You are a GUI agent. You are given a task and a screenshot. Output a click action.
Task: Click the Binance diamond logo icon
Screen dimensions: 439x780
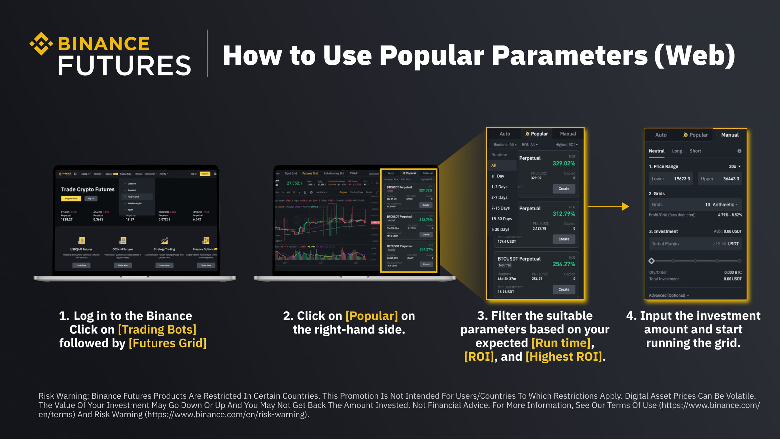pyautogui.click(x=41, y=44)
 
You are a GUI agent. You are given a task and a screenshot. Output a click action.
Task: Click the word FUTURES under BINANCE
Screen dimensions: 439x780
pyautogui.click(x=124, y=66)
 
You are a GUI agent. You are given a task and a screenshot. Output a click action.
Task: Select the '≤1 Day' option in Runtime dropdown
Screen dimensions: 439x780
pyautogui.click(x=498, y=176)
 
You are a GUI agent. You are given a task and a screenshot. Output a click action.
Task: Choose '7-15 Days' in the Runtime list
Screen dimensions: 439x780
pyautogui.click(x=500, y=208)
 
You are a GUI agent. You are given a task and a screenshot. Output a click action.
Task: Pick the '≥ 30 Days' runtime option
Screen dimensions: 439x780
pyautogui.click(x=500, y=229)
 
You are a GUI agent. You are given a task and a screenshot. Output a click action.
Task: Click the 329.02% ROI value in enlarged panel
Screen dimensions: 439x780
pyautogui.click(x=564, y=163)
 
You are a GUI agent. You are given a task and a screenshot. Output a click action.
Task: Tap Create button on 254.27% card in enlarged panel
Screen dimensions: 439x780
pyautogui.click(x=564, y=289)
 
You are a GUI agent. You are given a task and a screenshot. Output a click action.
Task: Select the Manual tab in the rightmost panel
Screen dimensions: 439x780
pyautogui.click(x=730, y=135)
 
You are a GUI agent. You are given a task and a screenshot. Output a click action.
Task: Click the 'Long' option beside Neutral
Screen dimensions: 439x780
pyautogui.click(x=677, y=151)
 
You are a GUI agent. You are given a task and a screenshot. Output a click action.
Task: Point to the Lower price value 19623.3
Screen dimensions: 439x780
pyautogui.click(x=682, y=179)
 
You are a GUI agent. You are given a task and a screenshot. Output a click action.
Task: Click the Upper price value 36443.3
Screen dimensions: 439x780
pyautogui.click(x=731, y=179)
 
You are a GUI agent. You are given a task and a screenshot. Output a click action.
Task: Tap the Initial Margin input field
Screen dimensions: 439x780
pyautogui.click(x=695, y=244)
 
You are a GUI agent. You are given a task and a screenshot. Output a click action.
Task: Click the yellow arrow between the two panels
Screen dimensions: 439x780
pyautogui.click(x=608, y=206)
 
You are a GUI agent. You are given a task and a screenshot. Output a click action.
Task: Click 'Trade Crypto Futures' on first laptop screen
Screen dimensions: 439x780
pyautogui.click(x=88, y=189)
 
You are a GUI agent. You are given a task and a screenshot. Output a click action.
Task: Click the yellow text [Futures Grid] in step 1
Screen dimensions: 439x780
pyautogui.click(x=167, y=343)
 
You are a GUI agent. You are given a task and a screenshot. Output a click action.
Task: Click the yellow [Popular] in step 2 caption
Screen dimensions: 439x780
pyautogui.click(x=371, y=316)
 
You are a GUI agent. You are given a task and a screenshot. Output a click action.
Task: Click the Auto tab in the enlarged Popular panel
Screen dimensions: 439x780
pyautogui.click(x=505, y=134)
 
